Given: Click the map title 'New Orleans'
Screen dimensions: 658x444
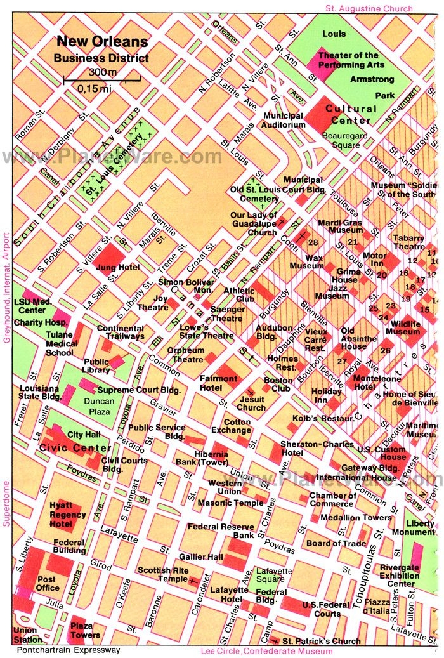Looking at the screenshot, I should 102,43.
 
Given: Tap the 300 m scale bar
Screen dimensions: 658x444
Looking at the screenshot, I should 94,80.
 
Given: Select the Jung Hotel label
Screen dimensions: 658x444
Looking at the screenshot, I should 117,267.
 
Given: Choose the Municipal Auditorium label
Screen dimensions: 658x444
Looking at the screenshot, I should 285,121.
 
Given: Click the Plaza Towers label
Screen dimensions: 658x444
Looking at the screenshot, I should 85,630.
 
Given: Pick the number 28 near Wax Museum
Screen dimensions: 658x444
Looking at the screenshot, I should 312,242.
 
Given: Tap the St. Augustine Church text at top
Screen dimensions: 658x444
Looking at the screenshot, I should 369,8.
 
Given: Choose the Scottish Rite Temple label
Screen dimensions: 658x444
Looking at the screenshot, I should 163,574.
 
